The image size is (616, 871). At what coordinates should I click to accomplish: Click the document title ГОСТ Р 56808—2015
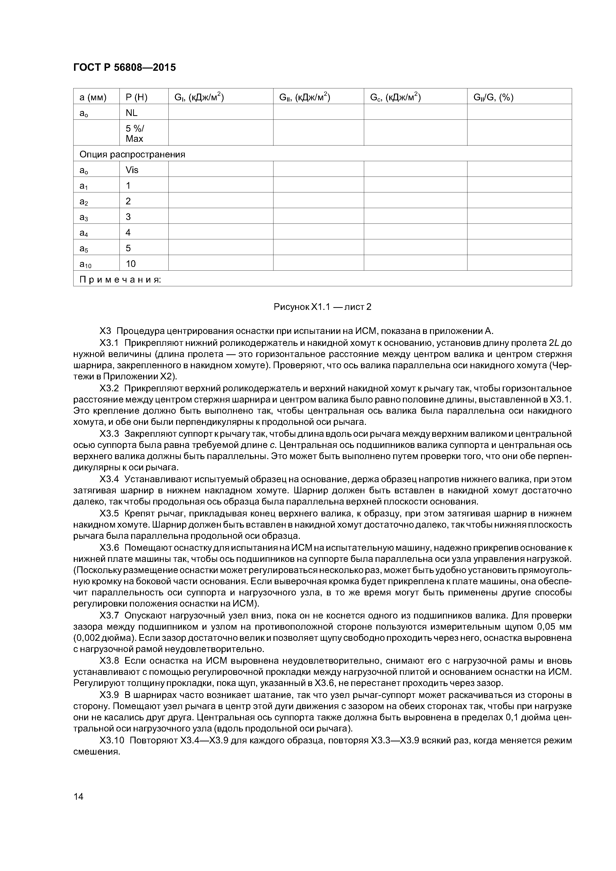[x=124, y=68]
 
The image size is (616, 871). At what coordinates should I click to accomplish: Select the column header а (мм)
[x=93, y=98]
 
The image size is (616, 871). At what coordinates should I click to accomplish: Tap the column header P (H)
[x=136, y=98]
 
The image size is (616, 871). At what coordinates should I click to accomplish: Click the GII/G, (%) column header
[x=493, y=98]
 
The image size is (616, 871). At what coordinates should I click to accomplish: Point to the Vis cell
[x=132, y=170]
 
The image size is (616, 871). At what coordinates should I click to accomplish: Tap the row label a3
[x=83, y=217]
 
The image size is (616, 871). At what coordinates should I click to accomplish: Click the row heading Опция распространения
[x=132, y=154]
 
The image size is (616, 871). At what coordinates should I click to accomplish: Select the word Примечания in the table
[x=120, y=280]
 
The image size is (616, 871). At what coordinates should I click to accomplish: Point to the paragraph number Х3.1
[x=109, y=343]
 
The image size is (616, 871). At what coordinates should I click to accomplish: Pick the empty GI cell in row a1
[x=221, y=185]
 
